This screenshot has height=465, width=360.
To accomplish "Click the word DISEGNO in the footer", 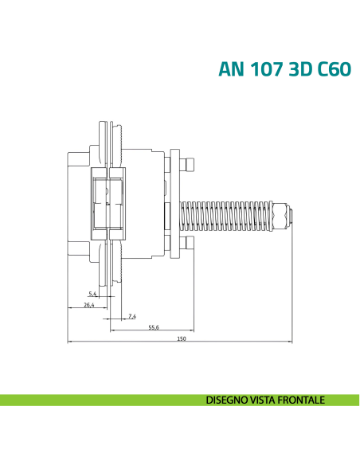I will (x=226, y=400).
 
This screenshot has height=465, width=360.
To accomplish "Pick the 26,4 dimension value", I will (x=88, y=305).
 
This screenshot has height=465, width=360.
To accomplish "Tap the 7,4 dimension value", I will (x=132, y=317).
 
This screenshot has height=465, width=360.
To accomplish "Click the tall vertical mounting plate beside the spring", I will (x=178, y=203).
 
